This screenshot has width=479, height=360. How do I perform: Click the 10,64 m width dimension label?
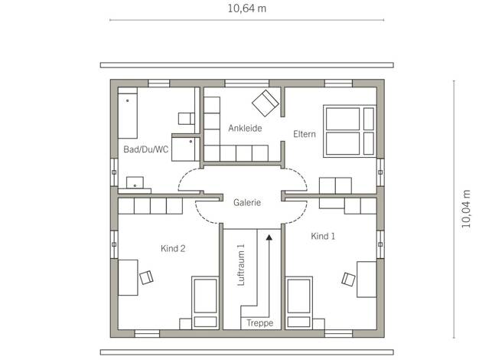[x=247, y=8]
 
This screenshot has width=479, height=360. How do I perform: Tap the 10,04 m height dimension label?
[x=467, y=209]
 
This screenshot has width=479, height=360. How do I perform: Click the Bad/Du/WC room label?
[x=145, y=149]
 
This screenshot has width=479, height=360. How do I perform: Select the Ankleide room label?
[x=245, y=128]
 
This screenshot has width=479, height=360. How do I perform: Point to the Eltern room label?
[x=305, y=134]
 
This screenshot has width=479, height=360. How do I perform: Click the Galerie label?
[x=247, y=202]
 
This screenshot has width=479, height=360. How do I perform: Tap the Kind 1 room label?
[x=323, y=236]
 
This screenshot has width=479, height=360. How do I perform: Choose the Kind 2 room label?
[x=173, y=248]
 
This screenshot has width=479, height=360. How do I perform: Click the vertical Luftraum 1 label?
[x=241, y=265]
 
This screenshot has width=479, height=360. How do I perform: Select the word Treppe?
[x=260, y=323]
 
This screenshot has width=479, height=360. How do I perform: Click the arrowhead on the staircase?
[x=269, y=237]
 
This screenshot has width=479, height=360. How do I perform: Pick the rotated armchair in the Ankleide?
[x=266, y=103]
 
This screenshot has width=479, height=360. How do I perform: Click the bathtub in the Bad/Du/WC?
[x=128, y=113]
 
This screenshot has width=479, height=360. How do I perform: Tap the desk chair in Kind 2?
[x=146, y=277]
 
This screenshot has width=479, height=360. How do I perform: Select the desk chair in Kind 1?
[x=349, y=279]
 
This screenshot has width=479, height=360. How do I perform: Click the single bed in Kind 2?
[x=205, y=303]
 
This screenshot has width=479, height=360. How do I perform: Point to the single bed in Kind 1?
[x=298, y=303]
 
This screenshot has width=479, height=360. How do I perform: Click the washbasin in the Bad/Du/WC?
[x=135, y=183]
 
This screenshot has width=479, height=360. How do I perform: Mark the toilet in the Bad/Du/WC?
[x=187, y=119]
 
